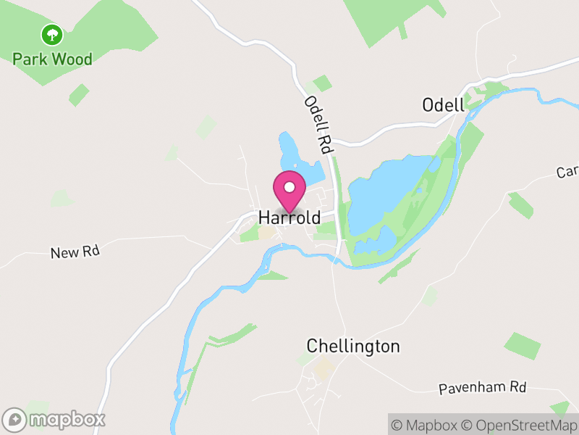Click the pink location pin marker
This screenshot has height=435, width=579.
click(x=289, y=191)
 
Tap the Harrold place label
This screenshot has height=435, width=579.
click(x=289, y=218)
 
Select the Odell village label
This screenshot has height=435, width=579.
click(x=443, y=105)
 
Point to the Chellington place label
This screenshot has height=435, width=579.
click(x=353, y=346)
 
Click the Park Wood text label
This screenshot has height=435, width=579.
click(x=52, y=59)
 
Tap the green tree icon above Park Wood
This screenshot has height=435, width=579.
click(x=51, y=34)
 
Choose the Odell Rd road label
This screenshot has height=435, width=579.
click(x=318, y=125)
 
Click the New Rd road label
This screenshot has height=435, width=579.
click(x=75, y=252)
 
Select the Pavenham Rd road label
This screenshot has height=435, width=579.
click(x=483, y=389)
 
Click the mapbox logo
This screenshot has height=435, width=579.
click(x=54, y=419)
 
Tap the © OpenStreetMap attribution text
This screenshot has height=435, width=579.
click(x=520, y=426)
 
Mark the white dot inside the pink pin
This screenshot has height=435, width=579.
click(x=289, y=187)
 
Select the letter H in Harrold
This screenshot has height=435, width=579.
click(x=264, y=218)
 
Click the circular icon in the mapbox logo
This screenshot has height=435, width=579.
click(x=14, y=419)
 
